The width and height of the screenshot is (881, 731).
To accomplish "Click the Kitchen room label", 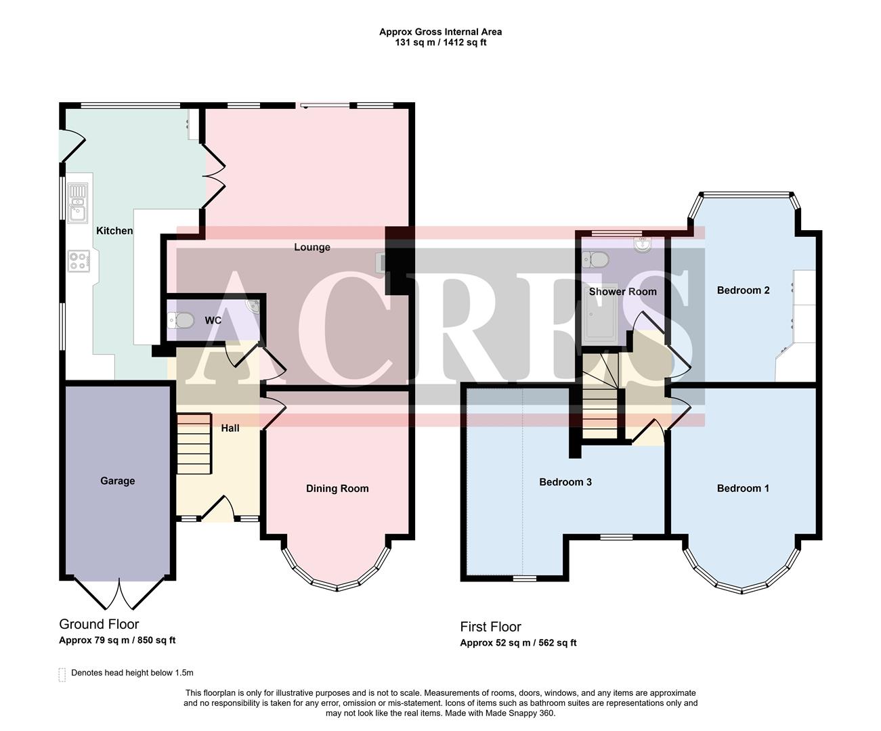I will [x=114, y=231].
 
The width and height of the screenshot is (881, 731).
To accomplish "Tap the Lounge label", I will [x=312, y=247].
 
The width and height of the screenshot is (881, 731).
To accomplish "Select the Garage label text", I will [x=118, y=481].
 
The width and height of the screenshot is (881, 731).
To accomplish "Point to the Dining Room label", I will [x=337, y=489].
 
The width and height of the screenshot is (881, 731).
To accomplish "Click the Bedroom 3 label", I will [x=565, y=483].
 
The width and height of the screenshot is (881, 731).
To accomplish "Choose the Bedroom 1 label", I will [x=743, y=489].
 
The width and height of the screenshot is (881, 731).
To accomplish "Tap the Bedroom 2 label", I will [x=743, y=290].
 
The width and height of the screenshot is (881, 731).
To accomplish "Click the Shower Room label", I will [x=622, y=292].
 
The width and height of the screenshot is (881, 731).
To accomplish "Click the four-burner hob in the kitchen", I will [x=79, y=261].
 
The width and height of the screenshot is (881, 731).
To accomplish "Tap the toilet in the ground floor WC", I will [x=181, y=319].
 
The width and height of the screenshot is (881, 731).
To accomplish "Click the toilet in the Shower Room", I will [x=596, y=259].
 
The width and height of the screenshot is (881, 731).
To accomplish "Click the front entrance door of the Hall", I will [x=218, y=509].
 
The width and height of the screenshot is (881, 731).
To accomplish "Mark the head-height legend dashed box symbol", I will [x=62, y=674].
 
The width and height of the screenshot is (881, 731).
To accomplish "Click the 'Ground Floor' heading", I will [x=99, y=624].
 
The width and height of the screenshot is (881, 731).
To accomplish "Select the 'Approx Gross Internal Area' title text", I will [x=440, y=32].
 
